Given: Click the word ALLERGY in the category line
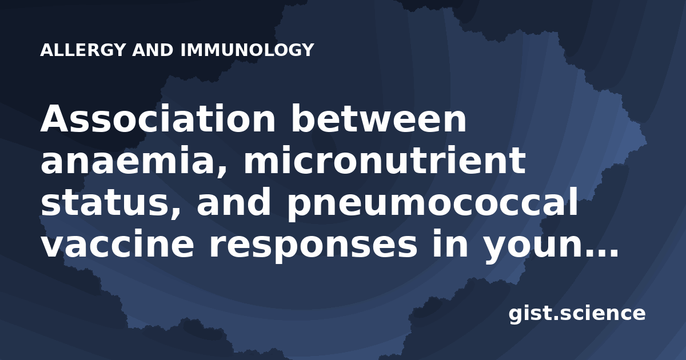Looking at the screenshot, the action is (83, 50).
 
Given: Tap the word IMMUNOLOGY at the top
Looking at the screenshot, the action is (248, 50).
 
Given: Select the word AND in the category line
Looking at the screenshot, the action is (153, 50).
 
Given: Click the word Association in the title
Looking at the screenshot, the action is (158, 118).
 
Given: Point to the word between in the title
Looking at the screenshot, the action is (379, 118).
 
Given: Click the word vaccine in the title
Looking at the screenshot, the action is (117, 243).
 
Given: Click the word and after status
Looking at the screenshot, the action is (234, 202).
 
